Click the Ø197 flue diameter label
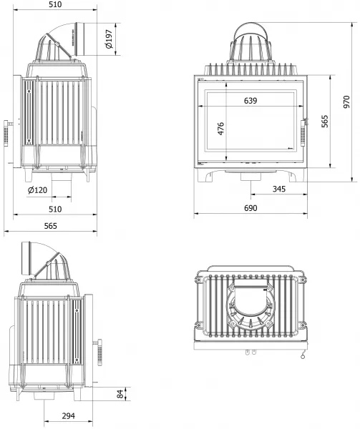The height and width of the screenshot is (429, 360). coord(109,39)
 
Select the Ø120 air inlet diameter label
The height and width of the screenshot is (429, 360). coord(37,190)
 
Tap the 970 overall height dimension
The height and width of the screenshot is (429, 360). coord(346,102)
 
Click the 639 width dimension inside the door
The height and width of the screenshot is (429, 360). coord(250,101)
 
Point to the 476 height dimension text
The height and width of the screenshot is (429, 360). coord(220,129)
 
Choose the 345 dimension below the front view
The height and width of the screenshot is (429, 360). coord(279,189)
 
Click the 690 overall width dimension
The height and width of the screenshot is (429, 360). coord(250,208)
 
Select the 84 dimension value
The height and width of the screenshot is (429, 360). coord(120,394)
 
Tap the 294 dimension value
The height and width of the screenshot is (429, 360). coord(68,416)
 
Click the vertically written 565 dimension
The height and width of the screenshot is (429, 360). coord(324,122)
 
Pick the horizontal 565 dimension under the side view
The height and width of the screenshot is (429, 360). coord(51,226)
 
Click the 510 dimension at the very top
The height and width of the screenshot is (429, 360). coord(55,4)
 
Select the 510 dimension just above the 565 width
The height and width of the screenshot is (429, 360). coord(55,209)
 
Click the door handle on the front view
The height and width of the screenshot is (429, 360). coord(303,132)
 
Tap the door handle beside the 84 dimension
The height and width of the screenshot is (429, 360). coord(99,352)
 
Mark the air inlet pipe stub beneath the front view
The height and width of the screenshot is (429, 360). coord(251,177)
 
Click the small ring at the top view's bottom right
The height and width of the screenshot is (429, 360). coord(303,357)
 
